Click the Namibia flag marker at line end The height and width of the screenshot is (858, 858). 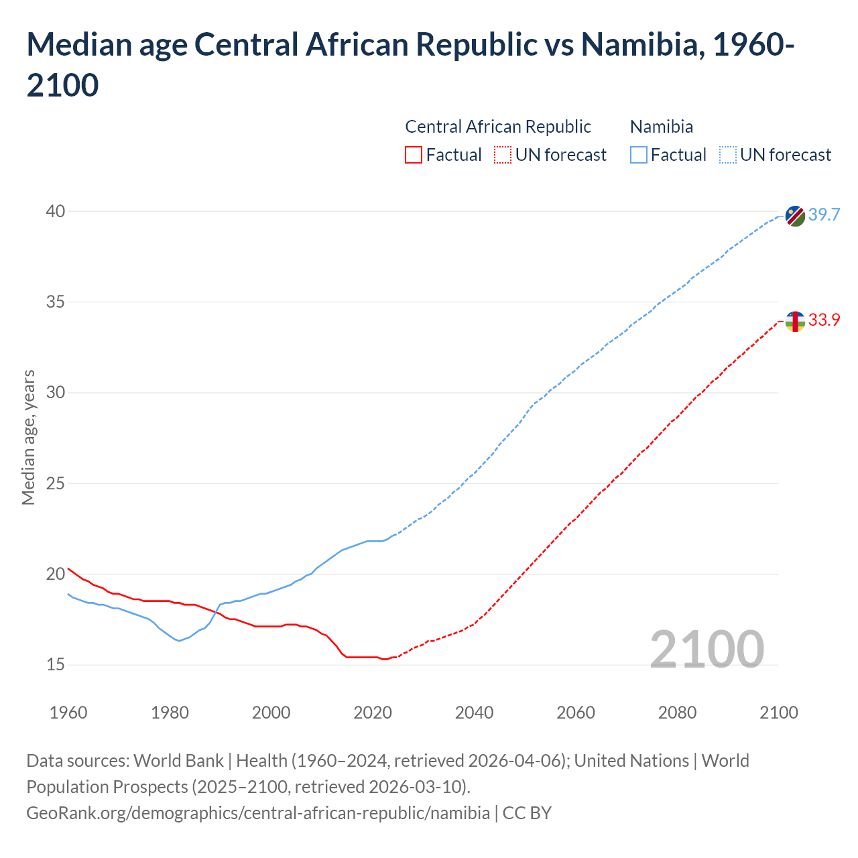(x=795, y=216)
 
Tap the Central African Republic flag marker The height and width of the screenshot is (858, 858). (x=795, y=322)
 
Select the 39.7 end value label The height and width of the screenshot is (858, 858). (x=824, y=214)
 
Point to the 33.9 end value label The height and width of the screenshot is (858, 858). (x=824, y=320)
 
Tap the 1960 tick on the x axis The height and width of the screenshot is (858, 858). (x=68, y=713)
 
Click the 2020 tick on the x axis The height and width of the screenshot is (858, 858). (x=373, y=713)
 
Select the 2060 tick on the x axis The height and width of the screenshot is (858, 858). (x=576, y=713)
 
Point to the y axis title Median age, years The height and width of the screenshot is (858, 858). (x=28, y=437)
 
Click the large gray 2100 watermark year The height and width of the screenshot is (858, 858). (x=707, y=650)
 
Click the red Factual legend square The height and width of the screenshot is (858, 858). (x=414, y=155)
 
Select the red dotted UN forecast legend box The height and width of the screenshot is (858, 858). (x=502, y=155)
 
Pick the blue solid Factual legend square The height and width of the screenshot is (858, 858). (x=639, y=155)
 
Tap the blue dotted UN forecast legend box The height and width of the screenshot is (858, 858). (x=727, y=155)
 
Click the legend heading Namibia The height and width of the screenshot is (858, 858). (x=662, y=127)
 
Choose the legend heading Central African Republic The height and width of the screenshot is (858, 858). (x=498, y=127)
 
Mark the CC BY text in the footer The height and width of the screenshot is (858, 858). (x=527, y=813)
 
